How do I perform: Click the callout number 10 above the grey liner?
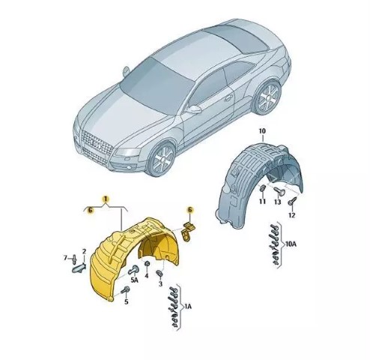coord(262,130)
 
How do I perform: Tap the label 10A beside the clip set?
coord(291,244)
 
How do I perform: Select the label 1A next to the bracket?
coord(188,306)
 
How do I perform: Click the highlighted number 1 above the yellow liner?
coord(106,199)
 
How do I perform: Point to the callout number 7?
coord(65,257)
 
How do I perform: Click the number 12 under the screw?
coord(291,215)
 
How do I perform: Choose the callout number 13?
coord(278,202)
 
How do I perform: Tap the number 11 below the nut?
coord(262,201)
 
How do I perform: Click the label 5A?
coord(135,280)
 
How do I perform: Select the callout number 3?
coord(160,283)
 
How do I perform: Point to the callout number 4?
coord(147,275)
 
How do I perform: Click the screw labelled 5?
coord(126,290)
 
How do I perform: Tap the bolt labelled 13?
coord(278,191)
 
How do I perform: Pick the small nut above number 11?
coord(263,188)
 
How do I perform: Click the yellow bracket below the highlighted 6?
coord(188,231)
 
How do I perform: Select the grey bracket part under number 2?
coord(79,268)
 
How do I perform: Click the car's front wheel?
coord(163,159)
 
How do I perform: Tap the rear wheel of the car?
coord(268,97)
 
